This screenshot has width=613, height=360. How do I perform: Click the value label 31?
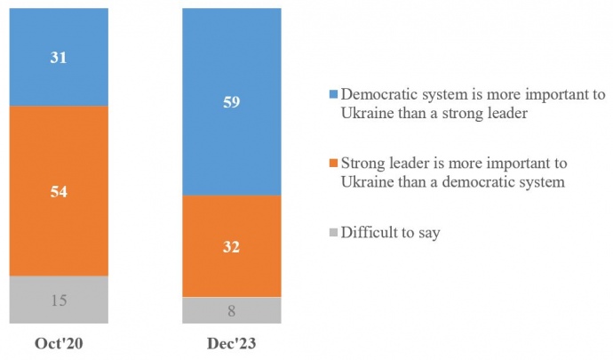59,57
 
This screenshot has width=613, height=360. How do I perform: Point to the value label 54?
59,191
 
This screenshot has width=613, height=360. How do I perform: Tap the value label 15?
59,300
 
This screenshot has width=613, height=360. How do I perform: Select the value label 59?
232,101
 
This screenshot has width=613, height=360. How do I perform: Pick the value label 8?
232,310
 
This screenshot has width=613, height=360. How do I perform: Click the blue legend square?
333,95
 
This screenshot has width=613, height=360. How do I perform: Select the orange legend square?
333,164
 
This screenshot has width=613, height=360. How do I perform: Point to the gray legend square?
333,234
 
